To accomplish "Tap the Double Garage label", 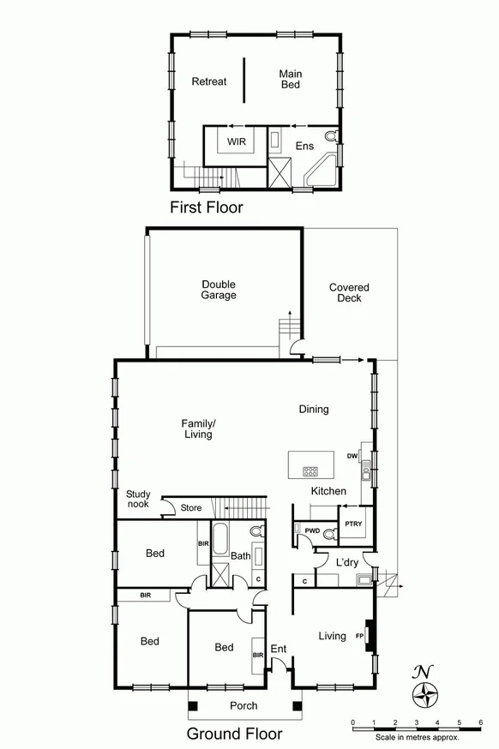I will [x=219, y=290].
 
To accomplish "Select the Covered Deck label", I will [x=349, y=293].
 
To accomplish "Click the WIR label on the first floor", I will [x=237, y=141].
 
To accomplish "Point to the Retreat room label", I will [x=209, y=81].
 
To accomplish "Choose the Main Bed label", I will [x=291, y=81].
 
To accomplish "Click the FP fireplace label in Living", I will [x=360, y=635].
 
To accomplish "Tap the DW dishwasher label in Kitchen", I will [x=352, y=456].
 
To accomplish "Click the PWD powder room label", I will [x=312, y=531].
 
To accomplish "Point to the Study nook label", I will [x=138, y=500].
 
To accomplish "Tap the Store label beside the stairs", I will [x=191, y=508].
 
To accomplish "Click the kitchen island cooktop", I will [x=310, y=470].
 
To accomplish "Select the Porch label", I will [x=244, y=706].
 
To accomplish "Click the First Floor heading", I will [x=206, y=207].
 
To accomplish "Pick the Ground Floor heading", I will [x=234, y=734].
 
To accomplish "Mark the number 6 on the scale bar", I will [x=481, y=723].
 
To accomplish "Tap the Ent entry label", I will [x=279, y=649].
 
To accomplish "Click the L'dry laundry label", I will [x=346, y=562].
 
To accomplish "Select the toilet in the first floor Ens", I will [x=332, y=136].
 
